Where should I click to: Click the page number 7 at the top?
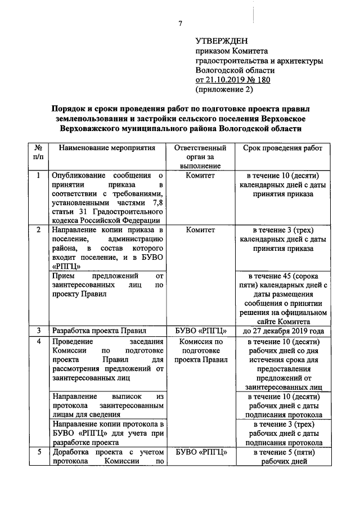(180, 23)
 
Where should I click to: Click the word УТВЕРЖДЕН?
(221, 41)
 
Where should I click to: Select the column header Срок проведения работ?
(283, 148)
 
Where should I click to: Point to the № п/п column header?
(38, 152)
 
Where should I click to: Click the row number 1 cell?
(38, 175)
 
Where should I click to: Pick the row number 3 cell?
(38, 330)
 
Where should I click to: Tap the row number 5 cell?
(38, 452)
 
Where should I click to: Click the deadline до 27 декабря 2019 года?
(283, 331)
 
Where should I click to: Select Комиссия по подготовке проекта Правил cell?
(201, 350)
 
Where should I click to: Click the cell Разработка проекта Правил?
(98, 331)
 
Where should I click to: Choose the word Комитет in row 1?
(201, 175)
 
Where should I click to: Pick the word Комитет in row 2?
(201, 230)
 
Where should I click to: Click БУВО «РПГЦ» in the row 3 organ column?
(201, 331)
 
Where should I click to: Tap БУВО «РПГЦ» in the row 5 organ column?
(201, 452)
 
